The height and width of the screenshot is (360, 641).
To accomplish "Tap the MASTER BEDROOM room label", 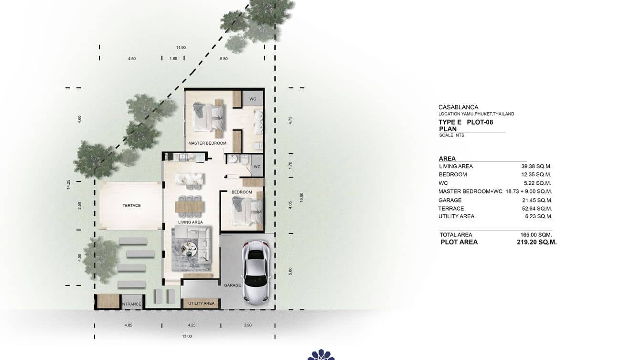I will point(207,143).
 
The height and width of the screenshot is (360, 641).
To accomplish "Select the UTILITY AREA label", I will point(201,303).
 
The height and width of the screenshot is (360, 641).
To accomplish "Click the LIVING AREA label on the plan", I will point(191,222).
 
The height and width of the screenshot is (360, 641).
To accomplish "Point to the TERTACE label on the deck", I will point(131,206).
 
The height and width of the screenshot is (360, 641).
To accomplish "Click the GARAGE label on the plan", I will point(233,285).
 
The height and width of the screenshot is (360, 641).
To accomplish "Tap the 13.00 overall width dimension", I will point(187,336).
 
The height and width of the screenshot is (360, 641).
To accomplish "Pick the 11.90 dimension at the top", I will point(181,48).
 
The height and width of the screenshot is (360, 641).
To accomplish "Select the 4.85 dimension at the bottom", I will point(128,325).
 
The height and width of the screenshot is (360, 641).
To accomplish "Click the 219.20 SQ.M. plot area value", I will point(536,242).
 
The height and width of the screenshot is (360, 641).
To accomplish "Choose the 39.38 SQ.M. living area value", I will point(536,167).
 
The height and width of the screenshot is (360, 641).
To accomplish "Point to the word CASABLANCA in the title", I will point(458,107).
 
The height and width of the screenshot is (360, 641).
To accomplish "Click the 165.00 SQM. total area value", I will point(536,235).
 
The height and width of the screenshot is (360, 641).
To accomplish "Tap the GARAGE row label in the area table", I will point(450,201).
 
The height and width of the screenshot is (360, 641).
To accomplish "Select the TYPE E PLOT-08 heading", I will point(465,122).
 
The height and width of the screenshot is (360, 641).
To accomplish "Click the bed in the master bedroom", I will point(209,117).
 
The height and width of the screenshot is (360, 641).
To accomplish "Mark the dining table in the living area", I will point(190,207).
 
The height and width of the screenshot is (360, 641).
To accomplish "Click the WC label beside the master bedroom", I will point(253,99).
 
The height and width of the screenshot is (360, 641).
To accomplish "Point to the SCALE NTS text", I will point(451,135).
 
